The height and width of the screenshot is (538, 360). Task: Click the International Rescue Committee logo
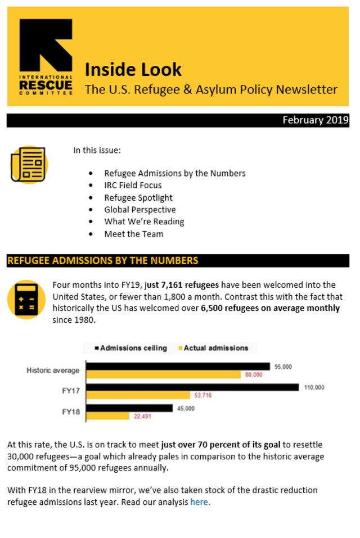click(x=46, y=57)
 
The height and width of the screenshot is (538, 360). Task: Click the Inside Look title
click(x=133, y=69)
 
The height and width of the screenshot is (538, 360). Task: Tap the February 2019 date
click(x=315, y=120)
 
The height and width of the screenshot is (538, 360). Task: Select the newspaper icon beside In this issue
click(x=28, y=164)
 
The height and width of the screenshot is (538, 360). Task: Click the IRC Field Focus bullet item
click(x=133, y=185)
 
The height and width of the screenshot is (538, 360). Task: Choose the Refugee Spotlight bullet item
click(x=138, y=197)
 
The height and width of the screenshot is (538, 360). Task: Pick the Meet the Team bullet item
click(x=134, y=234)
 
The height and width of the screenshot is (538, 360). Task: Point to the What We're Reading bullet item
click(x=144, y=221)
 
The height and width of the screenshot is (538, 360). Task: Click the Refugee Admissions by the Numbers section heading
click(x=103, y=261)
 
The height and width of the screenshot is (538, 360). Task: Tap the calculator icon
click(x=26, y=300)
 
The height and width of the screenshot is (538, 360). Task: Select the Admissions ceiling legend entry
click(x=130, y=348)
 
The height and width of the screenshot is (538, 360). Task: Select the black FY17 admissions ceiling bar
click(x=192, y=387)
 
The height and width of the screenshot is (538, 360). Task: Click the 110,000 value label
click(x=314, y=387)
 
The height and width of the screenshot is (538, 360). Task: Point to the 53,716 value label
click(x=205, y=396)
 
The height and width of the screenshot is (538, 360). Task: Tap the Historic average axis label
click(x=53, y=370)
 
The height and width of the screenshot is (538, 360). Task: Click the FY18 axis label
click(x=70, y=412)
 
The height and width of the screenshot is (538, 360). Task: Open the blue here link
click(x=200, y=502)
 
